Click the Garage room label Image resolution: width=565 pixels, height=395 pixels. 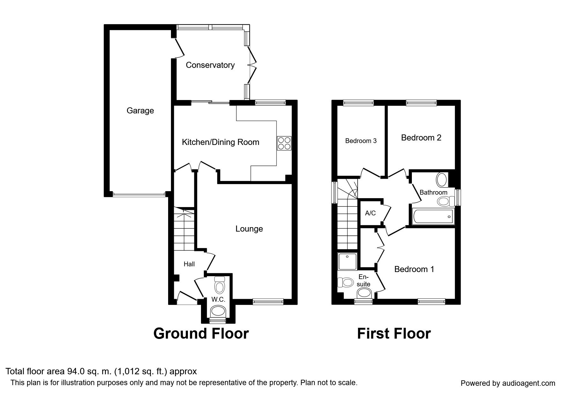coord(140,111)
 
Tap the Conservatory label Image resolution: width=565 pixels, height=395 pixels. coord(210,65)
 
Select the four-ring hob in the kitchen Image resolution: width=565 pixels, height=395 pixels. coord(284,143)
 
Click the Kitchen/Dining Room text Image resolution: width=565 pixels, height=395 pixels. coord(220,142)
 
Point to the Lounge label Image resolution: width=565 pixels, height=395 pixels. coord(249,229)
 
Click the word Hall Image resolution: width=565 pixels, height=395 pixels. coord(189,264)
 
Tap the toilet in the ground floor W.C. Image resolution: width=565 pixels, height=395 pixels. coord(219,285)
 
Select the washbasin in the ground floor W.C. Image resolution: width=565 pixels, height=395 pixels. coord(218,311)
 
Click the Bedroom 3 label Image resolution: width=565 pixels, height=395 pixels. coord(361,141)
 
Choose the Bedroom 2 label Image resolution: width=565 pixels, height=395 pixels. coord(421,138)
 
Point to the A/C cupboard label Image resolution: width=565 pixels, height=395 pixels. coord(370,213)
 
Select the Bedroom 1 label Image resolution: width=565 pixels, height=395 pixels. coord(414,269)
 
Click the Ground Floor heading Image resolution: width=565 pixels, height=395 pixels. coord(201,334)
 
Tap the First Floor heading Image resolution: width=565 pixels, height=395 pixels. coord(394,334)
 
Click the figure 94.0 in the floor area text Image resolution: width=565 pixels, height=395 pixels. coord(75,371)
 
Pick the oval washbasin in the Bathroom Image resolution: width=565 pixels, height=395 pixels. coord(442,180)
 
